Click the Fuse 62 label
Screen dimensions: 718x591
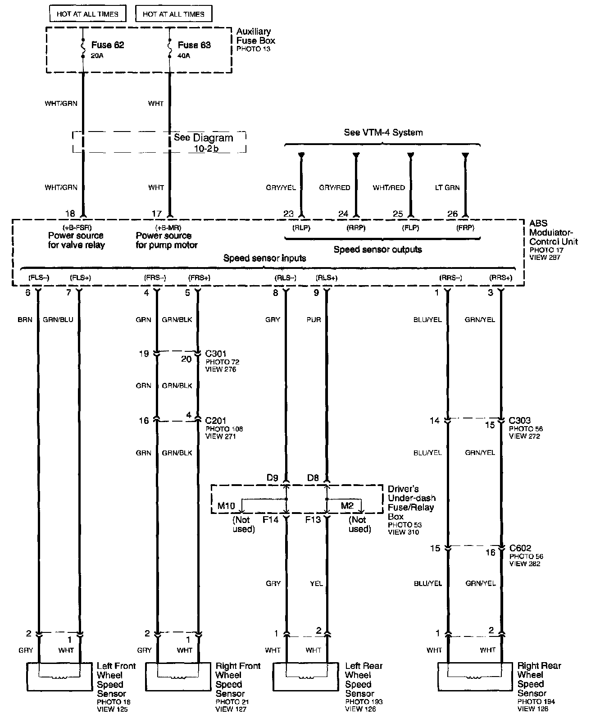107,45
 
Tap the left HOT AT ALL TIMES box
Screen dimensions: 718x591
87,14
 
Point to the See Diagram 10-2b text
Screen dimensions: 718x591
204,143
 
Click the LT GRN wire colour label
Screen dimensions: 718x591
447,187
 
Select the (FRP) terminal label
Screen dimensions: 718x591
465,228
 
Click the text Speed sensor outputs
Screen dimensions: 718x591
377,250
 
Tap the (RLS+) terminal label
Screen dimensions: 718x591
327,278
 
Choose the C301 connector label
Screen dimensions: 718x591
215,354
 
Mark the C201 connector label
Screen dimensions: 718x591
216,421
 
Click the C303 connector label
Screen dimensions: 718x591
519,421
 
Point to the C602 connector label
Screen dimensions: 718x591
520,548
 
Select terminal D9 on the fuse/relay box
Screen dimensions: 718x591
272,477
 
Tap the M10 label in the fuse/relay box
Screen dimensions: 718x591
226,506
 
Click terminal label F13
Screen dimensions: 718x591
313,519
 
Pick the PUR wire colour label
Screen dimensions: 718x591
314,320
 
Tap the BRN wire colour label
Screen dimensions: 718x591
25,320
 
